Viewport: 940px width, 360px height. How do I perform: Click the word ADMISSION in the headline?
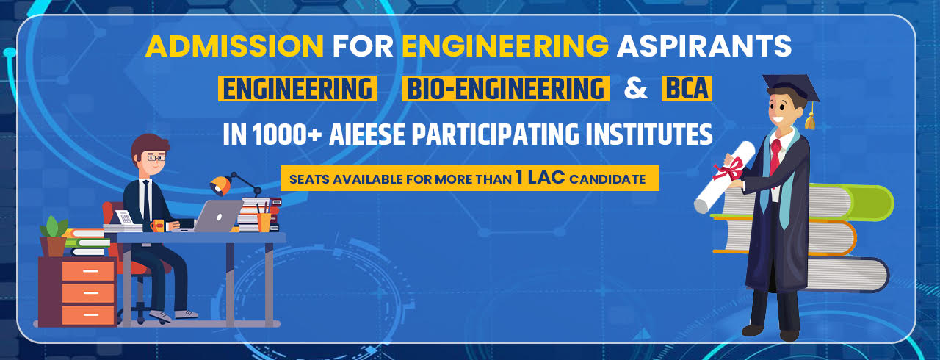234,46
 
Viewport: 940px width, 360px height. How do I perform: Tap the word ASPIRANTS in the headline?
704,46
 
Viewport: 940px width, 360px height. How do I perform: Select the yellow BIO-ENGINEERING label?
506,89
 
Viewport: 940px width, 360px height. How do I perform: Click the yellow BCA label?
687,89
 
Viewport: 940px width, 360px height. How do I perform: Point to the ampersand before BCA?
635,89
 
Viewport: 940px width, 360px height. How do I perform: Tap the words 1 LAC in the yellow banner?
545,178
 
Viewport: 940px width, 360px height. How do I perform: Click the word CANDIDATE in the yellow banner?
612,179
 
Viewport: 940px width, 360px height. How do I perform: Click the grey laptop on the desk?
220,215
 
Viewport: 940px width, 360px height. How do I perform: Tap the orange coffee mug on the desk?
157,225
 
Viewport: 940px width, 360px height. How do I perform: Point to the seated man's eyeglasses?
156,157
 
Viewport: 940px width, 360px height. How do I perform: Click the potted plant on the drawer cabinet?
53,235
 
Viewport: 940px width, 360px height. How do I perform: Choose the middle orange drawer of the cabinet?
88,292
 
